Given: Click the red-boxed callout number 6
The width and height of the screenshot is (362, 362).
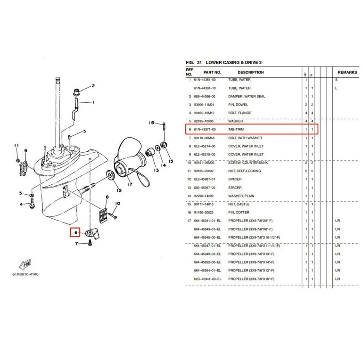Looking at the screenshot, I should pyautogui.click(x=74, y=232).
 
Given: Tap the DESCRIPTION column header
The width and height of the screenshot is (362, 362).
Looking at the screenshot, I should pyautogui.click(x=250, y=73).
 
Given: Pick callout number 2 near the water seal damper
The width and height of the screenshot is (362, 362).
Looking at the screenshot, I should pyautogui.click(x=93, y=86).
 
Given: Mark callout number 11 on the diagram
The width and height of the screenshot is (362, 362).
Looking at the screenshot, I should pyautogui.click(x=16, y=145).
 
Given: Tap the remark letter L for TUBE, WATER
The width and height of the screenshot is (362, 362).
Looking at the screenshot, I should pyautogui.click(x=336, y=88).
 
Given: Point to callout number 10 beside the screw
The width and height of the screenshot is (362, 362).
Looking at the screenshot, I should pyautogui.click(x=118, y=204).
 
